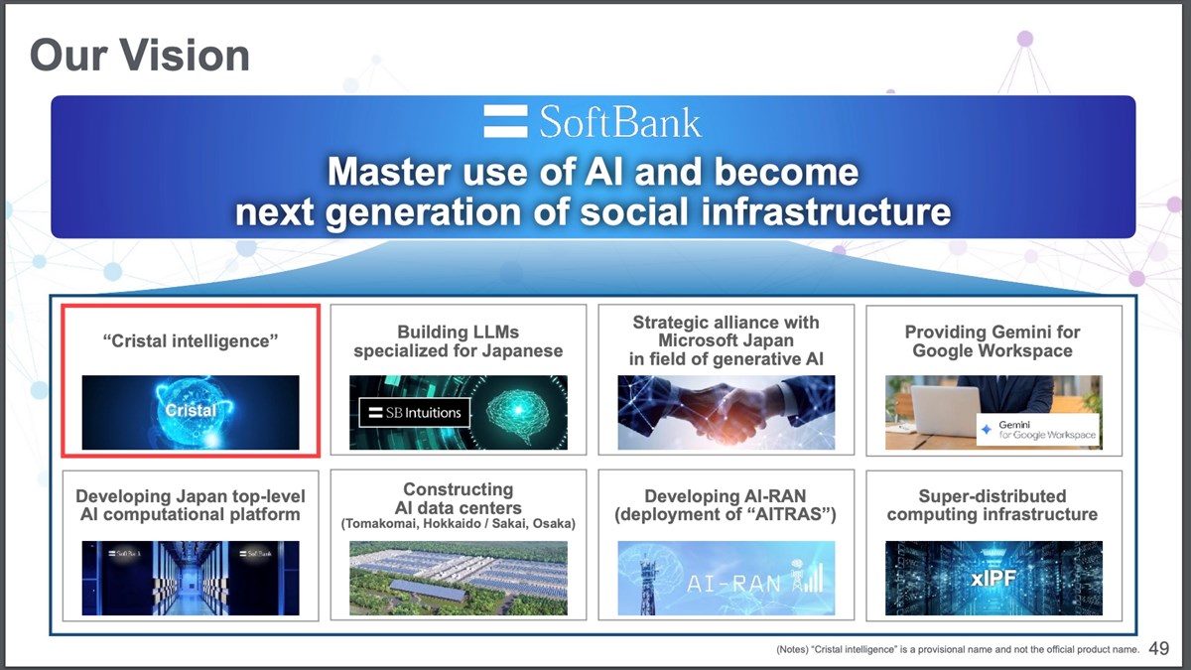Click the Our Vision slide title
pos(139,56)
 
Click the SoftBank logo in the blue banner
pos(593,122)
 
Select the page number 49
pos(1158,649)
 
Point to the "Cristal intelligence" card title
pos(191,340)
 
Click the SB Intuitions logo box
pos(410,413)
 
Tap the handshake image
pos(726,412)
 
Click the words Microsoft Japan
pos(726,340)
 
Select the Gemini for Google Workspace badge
pos(1038,430)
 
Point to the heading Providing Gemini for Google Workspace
pos(992,340)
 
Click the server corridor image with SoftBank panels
pos(191,578)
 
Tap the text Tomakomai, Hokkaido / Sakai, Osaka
pos(459,523)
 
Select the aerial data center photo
pos(459,578)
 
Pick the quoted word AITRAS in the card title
pos(791,514)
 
